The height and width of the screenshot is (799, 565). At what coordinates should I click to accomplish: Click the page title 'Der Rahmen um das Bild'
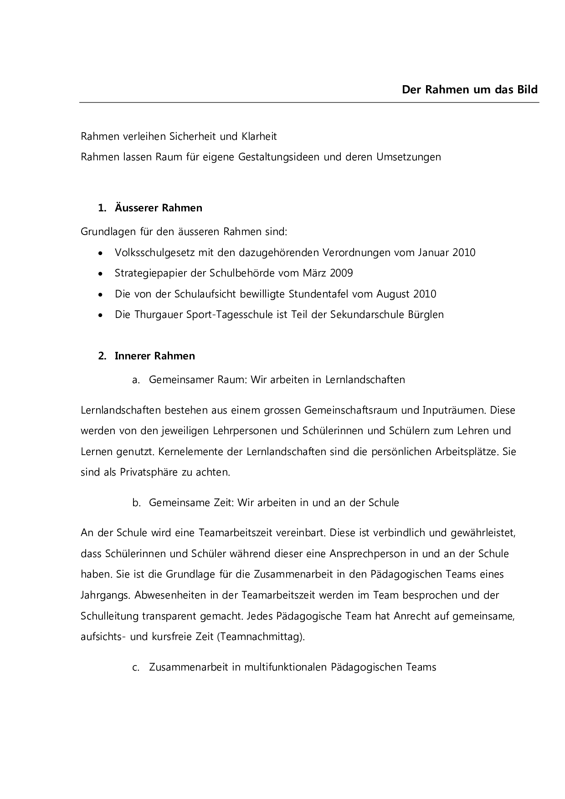point(469,89)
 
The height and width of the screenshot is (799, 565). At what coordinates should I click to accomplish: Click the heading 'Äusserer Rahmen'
point(158,208)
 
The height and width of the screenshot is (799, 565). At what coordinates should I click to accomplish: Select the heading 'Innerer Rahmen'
point(154,356)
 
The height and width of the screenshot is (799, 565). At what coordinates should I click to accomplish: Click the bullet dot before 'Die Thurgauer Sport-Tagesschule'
point(100,315)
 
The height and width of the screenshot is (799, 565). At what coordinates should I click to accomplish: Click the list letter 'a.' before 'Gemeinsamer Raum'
point(135,380)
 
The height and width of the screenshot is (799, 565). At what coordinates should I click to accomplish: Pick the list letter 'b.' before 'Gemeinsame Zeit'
point(136,503)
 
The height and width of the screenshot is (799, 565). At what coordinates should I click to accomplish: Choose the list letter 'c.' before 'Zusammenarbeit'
point(135,668)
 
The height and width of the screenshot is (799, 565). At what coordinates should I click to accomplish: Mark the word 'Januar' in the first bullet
point(433,252)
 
